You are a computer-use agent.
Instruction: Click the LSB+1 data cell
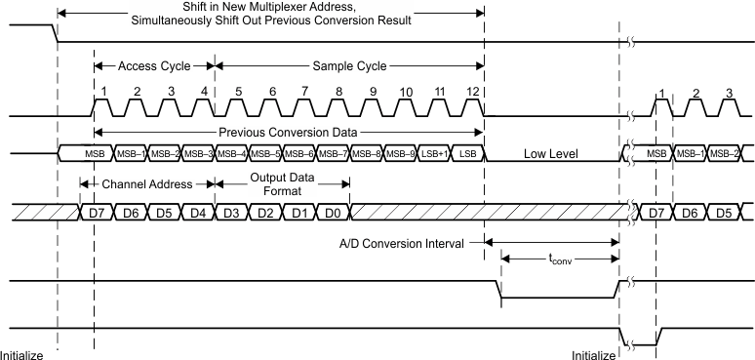(x=433, y=154)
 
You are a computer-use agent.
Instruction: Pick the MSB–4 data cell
(x=230, y=154)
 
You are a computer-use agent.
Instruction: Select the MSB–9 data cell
(x=399, y=154)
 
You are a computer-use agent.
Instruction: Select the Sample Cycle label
(x=348, y=67)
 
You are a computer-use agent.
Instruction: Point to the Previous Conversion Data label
(x=289, y=131)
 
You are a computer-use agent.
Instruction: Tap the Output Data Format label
(x=281, y=181)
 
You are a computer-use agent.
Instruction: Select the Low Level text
(x=551, y=154)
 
